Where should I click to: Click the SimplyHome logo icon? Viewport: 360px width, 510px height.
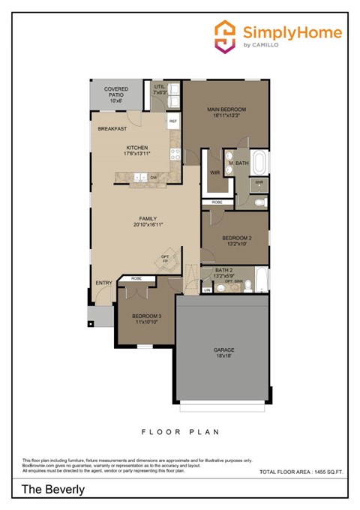pos(225,35)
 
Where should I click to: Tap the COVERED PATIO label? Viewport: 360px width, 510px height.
pos(115,94)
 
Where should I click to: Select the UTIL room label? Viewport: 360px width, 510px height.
pos(159,89)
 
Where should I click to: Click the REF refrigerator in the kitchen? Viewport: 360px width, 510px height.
pos(173,121)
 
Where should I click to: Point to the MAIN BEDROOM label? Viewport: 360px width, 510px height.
pos(226,112)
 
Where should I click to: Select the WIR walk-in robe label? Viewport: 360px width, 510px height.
pos(214,172)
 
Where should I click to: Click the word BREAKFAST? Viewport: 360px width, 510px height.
pos(112,129)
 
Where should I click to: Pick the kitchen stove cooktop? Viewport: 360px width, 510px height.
pos(175,154)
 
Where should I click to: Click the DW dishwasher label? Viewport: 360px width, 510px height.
pos(153,178)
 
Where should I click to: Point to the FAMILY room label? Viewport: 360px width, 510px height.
pos(148,221)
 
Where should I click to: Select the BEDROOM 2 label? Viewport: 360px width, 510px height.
pos(236,241)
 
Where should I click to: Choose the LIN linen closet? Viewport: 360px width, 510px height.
pos(207,289)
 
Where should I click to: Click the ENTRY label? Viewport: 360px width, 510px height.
pos(103,283)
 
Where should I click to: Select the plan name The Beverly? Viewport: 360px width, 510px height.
pos(52,489)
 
